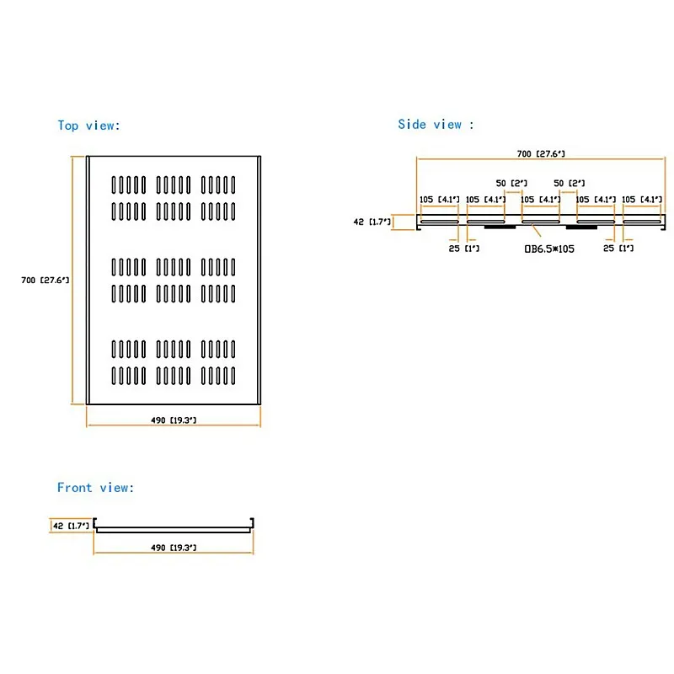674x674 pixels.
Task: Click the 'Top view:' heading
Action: click(88, 126)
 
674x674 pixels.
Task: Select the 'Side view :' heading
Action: click(436, 125)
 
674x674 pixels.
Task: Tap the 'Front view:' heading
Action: click(95, 488)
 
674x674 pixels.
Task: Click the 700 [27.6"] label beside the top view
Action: click(45, 281)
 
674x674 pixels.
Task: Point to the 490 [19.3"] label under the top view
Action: click(174, 420)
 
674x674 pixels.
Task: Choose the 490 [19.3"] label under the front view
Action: click(174, 548)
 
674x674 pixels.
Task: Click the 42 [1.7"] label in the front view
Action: click(71, 526)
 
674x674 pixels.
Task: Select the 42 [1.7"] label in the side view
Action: click(372, 222)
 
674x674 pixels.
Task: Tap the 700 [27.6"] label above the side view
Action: click(541, 154)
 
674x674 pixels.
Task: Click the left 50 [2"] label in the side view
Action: click(511, 183)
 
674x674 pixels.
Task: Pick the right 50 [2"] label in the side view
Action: click(570, 183)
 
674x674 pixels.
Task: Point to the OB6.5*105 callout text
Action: click(549, 249)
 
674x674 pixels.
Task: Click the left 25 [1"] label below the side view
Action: click(464, 249)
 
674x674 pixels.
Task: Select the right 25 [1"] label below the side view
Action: click(618, 248)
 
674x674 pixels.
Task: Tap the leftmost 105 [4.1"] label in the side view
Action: click(439, 200)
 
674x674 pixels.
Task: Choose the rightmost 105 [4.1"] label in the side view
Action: click(642, 200)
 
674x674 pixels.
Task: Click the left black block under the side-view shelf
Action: click(500, 226)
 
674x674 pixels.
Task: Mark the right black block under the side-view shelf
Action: click(581, 227)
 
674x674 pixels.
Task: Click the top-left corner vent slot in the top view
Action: click(114, 185)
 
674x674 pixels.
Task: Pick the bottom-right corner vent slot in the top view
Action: click(233, 376)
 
